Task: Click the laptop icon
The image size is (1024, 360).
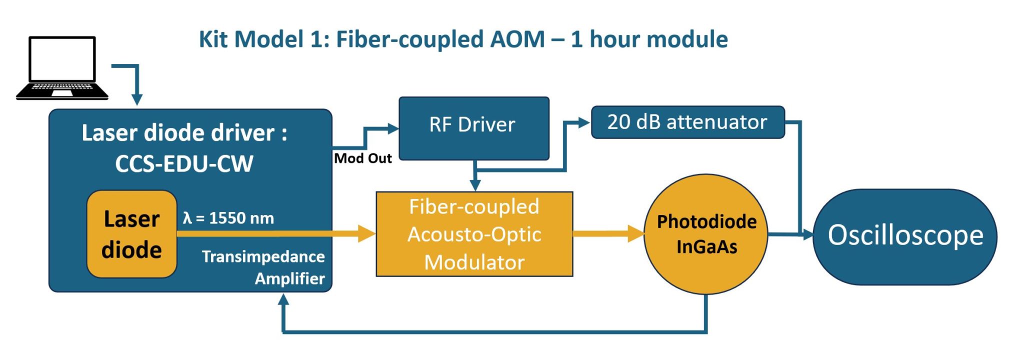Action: pyautogui.click(x=62, y=68)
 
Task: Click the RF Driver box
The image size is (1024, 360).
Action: pyautogui.click(x=474, y=128)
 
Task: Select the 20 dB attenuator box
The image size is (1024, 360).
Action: pyautogui.click(x=688, y=122)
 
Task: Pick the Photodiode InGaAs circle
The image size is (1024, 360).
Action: pyautogui.click(x=706, y=234)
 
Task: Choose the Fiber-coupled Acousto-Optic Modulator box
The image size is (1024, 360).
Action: pyautogui.click(x=474, y=234)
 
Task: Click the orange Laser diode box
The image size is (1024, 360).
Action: pyautogui.click(x=132, y=234)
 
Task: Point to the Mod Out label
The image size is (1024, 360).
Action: pyautogui.click(x=363, y=158)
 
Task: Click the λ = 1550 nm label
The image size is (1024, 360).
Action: pyautogui.click(x=228, y=218)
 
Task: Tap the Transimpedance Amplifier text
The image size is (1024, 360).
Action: pyautogui.click(x=263, y=267)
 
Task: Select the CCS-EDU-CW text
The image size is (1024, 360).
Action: pyautogui.click(x=184, y=163)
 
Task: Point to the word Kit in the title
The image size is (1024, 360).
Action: pyautogui.click(x=214, y=39)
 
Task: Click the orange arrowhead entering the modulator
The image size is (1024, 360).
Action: pyautogui.click(x=367, y=233)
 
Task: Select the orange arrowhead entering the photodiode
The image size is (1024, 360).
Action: pyautogui.click(x=636, y=233)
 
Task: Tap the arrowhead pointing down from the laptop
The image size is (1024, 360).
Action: pyautogui.click(x=137, y=99)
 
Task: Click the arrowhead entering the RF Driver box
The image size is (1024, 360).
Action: pyautogui.click(x=393, y=128)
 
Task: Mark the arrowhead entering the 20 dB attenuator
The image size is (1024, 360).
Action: pyautogui.click(x=584, y=122)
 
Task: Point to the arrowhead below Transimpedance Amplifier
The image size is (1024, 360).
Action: pyautogui.click(x=283, y=299)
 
